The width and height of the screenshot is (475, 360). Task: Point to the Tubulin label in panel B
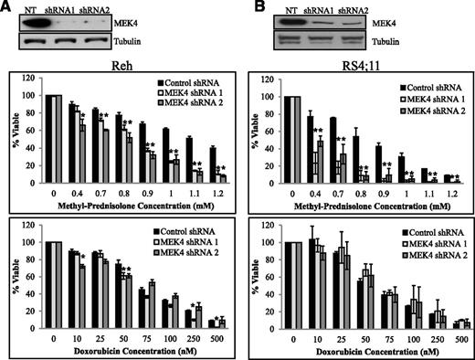[x=389, y=40]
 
